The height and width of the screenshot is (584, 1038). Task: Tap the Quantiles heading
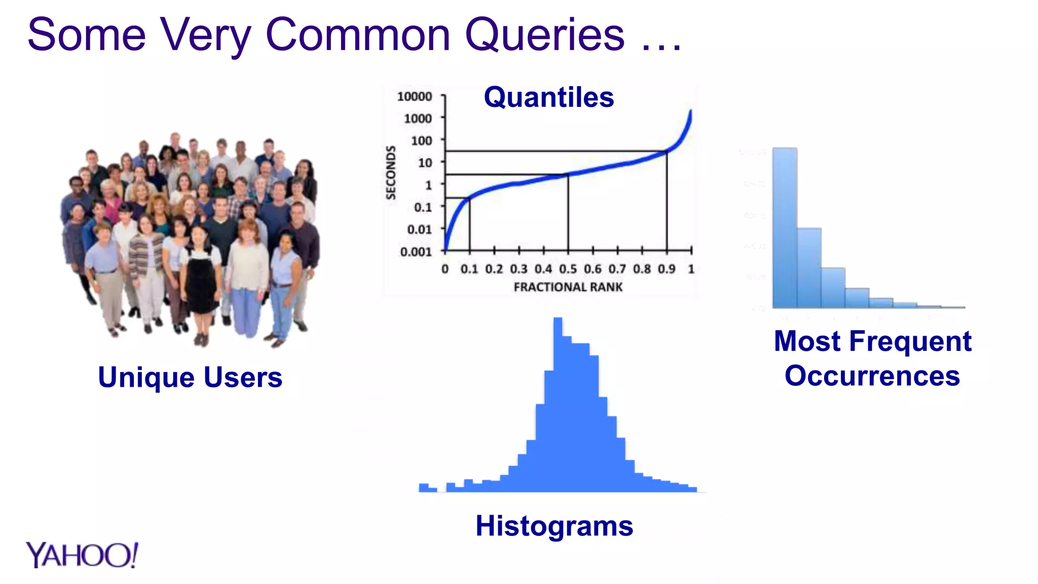[x=548, y=97]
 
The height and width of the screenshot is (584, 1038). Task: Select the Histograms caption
[x=554, y=526]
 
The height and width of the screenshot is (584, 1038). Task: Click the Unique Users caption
[x=190, y=377]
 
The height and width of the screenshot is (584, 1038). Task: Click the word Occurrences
[x=872, y=376]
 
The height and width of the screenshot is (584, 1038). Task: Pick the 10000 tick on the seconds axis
[x=415, y=96]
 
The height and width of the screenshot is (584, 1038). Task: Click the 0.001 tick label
[x=416, y=251]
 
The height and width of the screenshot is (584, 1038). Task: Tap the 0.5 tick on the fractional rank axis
[x=568, y=269]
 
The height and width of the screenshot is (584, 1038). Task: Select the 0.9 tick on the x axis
[x=666, y=269]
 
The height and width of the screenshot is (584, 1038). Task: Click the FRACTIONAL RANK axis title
[x=568, y=287]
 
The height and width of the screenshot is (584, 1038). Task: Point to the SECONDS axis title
[x=390, y=172]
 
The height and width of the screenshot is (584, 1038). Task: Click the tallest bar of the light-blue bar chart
[x=785, y=228]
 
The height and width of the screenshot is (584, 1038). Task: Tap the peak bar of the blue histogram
[x=558, y=406]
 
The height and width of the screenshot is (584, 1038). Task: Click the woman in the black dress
[x=202, y=274]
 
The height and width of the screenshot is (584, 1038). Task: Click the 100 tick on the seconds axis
[x=421, y=140]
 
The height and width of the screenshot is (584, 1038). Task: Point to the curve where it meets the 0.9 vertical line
[x=666, y=151]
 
